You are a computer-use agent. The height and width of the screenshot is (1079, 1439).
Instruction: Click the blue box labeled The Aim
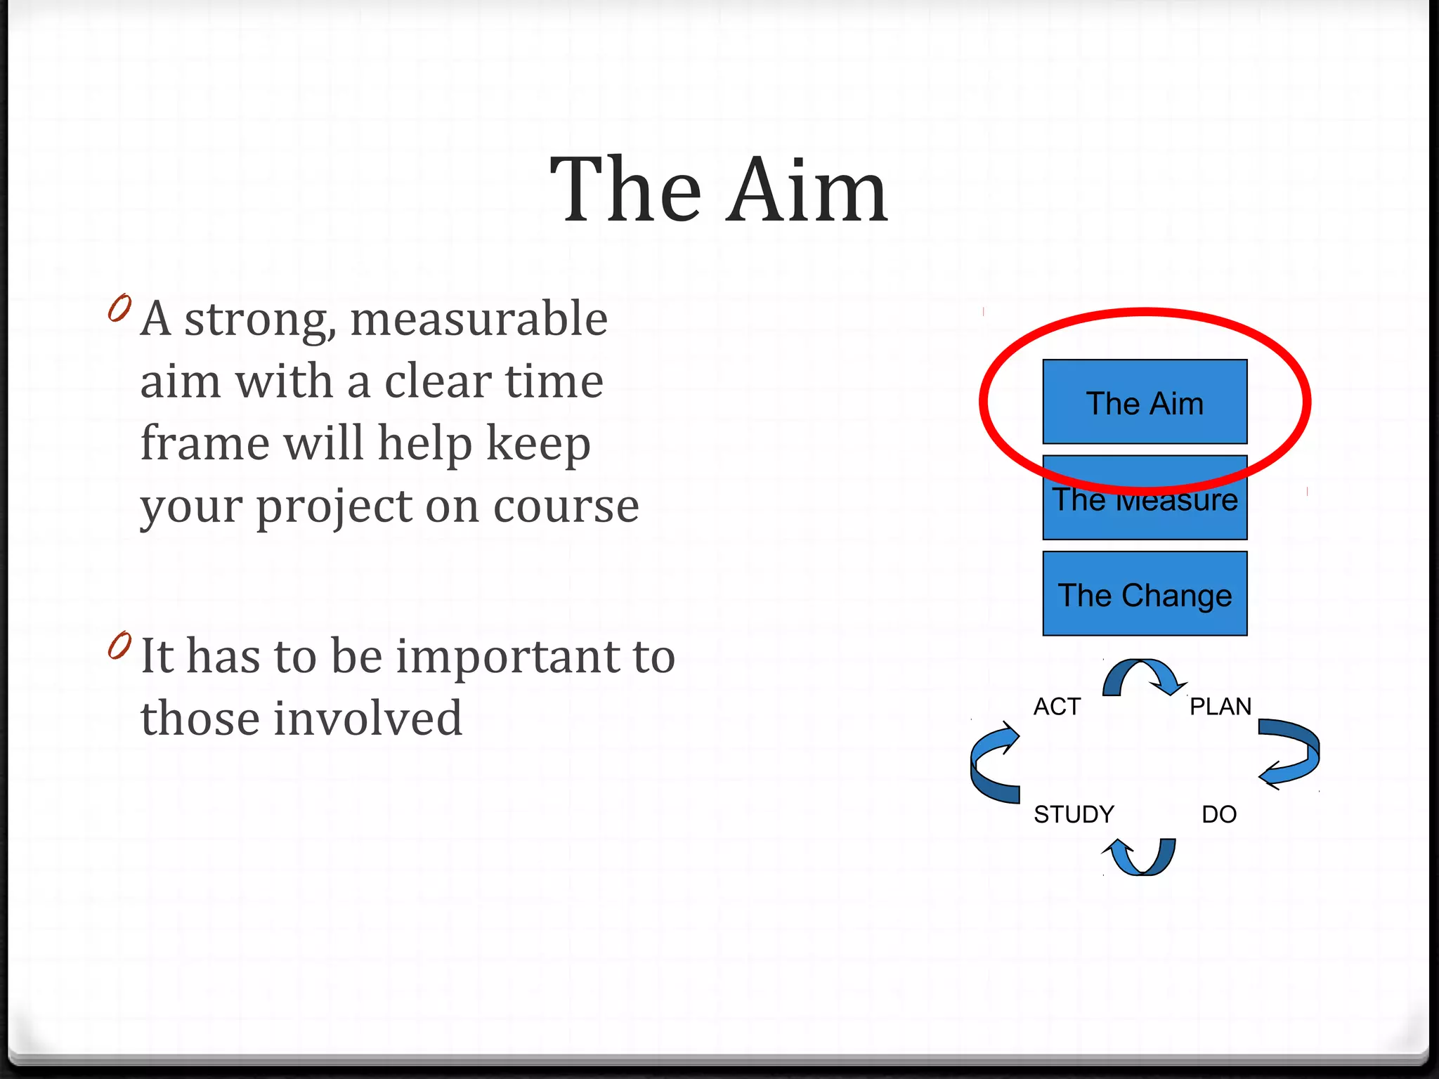pyautogui.click(x=1145, y=403)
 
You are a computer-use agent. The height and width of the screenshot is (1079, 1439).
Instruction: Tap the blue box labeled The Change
pyautogui.click(x=1145, y=595)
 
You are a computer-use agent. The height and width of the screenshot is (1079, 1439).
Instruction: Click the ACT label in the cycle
pyautogui.click(x=1057, y=706)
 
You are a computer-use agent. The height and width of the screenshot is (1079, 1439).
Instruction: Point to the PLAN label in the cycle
pyautogui.click(x=1220, y=706)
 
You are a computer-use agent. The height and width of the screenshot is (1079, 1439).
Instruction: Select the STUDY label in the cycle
pyautogui.click(x=1074, y=814)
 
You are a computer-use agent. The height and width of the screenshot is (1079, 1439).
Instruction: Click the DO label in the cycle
pyautogui.click(x=1219, y=814)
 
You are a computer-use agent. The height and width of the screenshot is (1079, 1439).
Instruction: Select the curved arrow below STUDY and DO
pyautogui.click(x=1140, y=857)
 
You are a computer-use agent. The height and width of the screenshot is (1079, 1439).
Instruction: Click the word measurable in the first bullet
pyautogui.click(x=478, y=319)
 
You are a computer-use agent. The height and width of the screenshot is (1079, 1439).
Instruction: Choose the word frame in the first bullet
pyautogui.click(x=204, y=444)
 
